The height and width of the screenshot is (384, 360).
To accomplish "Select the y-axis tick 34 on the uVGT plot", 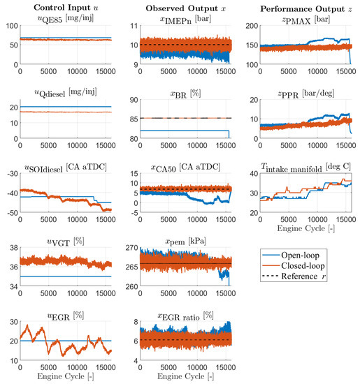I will coord(13,287).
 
